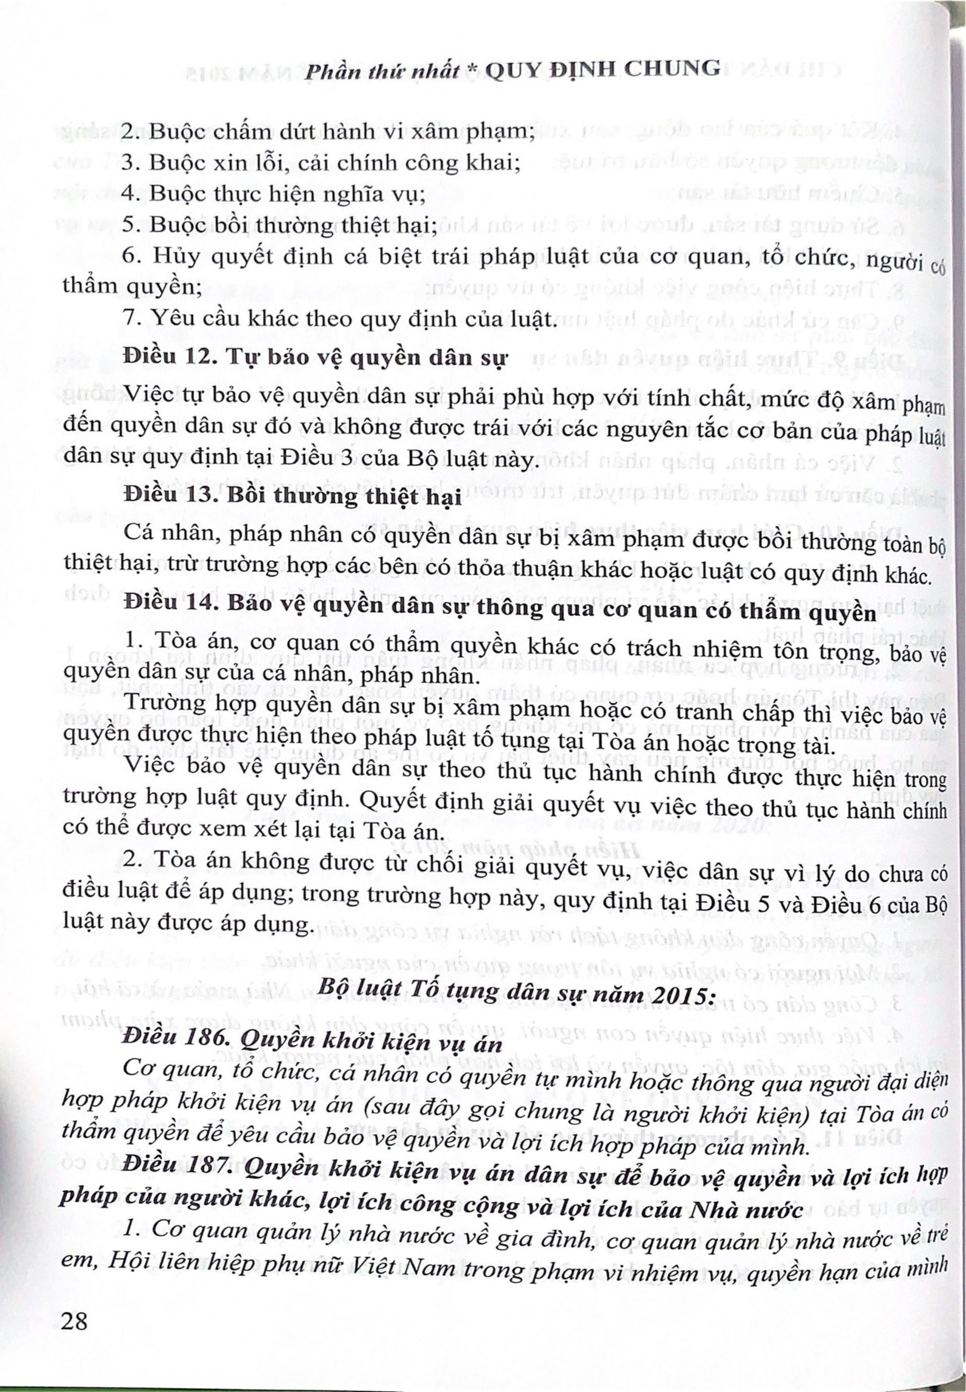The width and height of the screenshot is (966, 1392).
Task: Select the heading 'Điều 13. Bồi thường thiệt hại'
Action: (x=292, y=498)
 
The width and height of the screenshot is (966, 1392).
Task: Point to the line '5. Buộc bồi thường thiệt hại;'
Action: (x=280, y=226)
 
